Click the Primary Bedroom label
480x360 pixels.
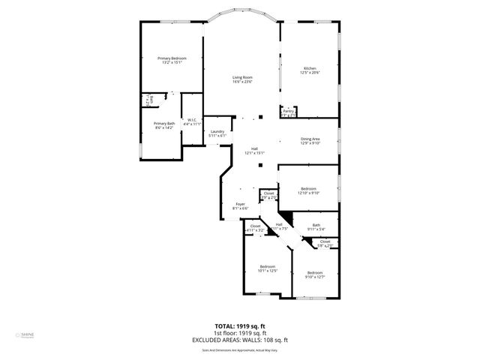pyautogui.click(x=172, y=58)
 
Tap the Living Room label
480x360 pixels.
pyautogui.click(x=241, y=77)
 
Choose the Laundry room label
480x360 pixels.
pyautogui.click(x=217, y=132)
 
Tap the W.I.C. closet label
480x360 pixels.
pyautogui.click(x=192, y=120)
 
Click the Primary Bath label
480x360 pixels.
pyautogui.click(x=164, y=124)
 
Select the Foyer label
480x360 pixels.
pyautogui.click(x=240, y=204)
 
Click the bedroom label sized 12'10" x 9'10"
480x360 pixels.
pyautogui.click(x=309, y=189)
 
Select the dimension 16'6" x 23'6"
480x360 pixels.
pyautogui.click(x=241, y=82)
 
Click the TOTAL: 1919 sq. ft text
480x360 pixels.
pyautogui.click(x=240, y=326)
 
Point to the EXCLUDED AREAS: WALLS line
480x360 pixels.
pyautogui.click(x=240, y=340)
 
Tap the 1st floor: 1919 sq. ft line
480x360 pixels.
pyautogui.click(x=240, y=333)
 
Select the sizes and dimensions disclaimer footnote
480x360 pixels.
pyautogui.click(x=240, y=349)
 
